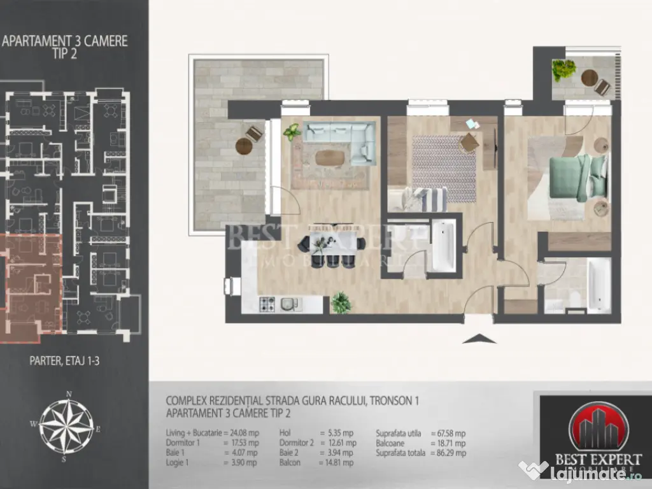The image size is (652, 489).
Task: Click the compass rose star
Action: click(x=66, y=424)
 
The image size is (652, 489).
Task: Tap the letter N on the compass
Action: click(x=69, y=393)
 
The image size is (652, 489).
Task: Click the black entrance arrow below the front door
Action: click(x=479, y=339)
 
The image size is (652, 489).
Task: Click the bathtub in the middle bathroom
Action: click(x=443, y=246)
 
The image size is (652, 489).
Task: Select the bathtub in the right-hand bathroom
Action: click(x=598, y=284)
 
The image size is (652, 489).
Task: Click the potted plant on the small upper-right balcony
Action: click(x=563, y=69)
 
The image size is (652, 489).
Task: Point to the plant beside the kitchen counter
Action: click(x=341, y=302)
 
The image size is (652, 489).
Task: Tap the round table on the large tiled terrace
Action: click(x=244, y=146)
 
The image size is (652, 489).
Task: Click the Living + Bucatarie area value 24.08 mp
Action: click(x=243, y=432)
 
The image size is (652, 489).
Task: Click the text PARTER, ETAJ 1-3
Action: click(x=64, y=360)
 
